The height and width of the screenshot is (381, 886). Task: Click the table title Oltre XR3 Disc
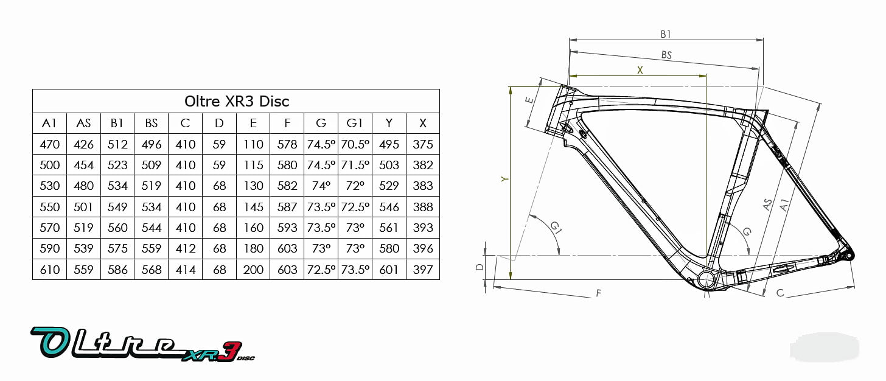coord(237,101)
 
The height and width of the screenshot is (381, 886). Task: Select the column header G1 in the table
coord(354,123)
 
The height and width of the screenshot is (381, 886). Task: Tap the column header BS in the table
coord(151,123)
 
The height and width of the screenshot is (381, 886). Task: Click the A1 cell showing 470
coord(49,144)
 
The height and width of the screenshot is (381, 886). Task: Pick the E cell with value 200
coord(253,270)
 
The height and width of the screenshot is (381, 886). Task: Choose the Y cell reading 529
coord(389,186)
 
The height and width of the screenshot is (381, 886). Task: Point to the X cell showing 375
coord(423,144)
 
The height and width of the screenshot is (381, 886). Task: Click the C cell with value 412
coord(185,248)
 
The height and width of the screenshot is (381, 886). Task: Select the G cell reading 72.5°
coord(321,270)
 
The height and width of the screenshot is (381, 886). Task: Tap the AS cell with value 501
coord(83,207)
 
